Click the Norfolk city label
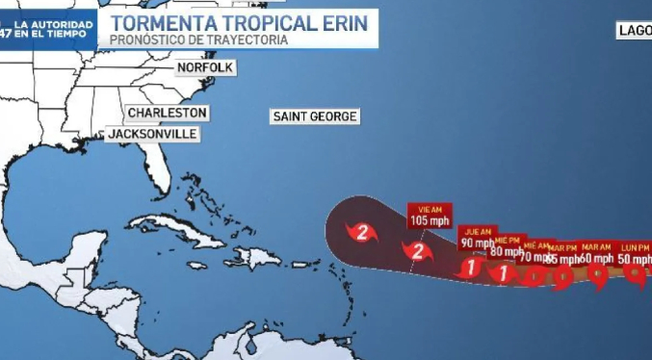(205, 68)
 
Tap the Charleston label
(167, 113)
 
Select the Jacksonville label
(151, 134)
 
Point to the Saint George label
(315, 116)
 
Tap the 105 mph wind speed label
(430, 220)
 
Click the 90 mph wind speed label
(478, 243)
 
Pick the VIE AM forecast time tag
(430, 208)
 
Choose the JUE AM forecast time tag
(478, 231)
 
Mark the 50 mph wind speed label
(635, 258)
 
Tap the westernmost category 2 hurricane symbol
(362, 231)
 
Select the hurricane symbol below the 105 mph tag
(418, 251)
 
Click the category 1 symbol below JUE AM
(470, 268)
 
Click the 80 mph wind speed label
(508, 251)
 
